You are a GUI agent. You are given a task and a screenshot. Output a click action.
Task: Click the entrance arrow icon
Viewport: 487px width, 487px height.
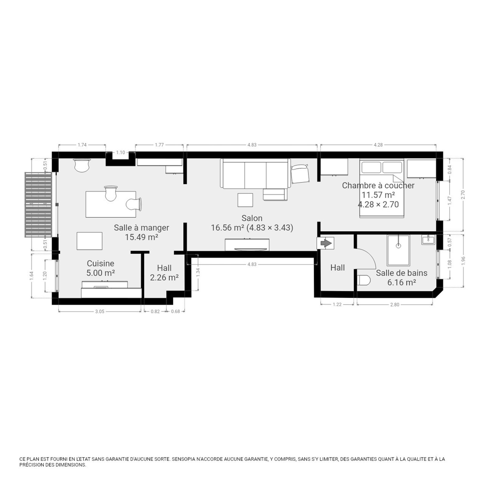[x=326, y=243]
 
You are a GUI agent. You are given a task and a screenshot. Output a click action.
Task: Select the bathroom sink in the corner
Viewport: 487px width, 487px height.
[x=429, y=240]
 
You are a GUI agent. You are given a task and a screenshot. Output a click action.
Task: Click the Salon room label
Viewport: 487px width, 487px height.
[x=252, y=218]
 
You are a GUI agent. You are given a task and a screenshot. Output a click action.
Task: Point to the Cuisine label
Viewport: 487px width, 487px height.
[x=100, y=264]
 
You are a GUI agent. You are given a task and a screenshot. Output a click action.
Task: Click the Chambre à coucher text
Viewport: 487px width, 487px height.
[x=378, y=185]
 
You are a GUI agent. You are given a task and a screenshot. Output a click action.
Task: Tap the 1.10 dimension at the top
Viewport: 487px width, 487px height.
[x=121, y=152]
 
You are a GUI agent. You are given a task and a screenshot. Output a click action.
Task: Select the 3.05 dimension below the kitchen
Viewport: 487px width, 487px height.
[x=100, y=311]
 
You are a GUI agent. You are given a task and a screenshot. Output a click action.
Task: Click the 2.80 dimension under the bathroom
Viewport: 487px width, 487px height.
[x=395, y=304]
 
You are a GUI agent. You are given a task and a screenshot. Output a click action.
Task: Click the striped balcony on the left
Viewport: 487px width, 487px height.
[x=38, y=205]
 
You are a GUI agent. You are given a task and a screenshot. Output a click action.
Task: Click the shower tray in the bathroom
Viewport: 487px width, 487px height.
[x=398, y=250]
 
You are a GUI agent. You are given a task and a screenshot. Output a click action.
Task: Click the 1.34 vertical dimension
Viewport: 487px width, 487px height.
[x=198, y=272]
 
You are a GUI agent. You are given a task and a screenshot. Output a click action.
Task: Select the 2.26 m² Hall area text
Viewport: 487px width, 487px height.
[x=164, y=278]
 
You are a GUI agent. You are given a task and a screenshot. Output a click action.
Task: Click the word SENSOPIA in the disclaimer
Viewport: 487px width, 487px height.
[x=183, y=459]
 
